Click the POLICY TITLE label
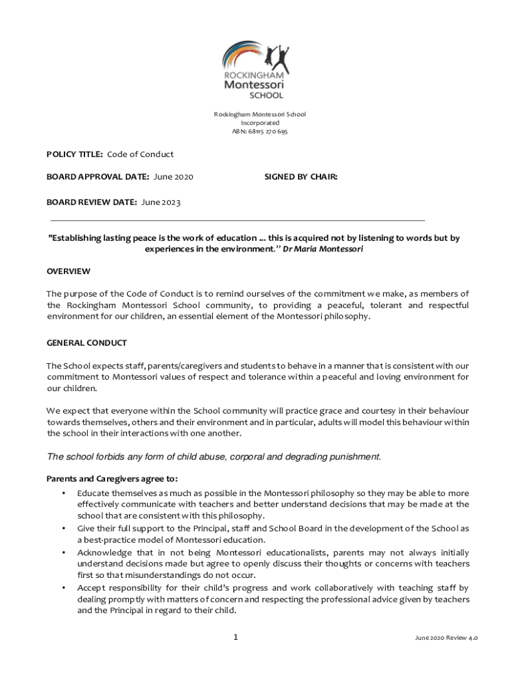coord(74,154)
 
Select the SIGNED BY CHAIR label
coord(301,177)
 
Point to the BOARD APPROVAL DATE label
coord(98,177)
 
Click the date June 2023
coord(161,202)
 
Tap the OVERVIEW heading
coord(68,272)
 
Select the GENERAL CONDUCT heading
coord(86,343)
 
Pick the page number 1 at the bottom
coord(235,638)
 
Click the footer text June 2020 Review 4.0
coord(446,638)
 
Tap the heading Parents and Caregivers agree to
coord(112,479)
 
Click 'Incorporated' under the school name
coord(260,123)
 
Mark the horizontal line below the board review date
coord(237,219)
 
